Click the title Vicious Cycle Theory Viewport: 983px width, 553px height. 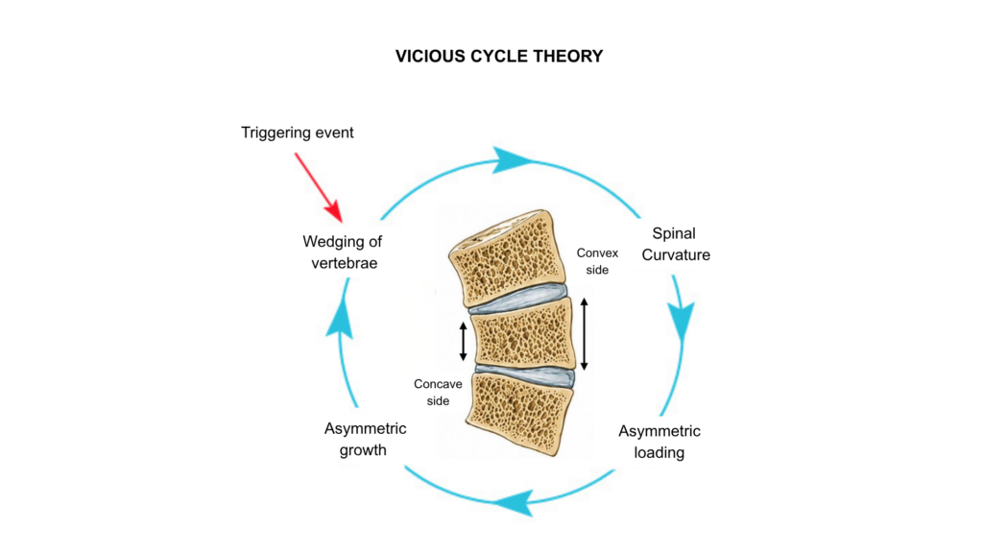(499, 57)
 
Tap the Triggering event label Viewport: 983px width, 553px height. (298, 132)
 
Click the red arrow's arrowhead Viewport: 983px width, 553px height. (335, 211)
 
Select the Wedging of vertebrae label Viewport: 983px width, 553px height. (343, 252)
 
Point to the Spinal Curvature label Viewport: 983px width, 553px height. (675, 244)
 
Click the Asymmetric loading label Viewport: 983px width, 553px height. (659, 442)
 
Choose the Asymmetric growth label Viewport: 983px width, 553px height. (365, 439)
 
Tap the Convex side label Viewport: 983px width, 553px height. (597, 261)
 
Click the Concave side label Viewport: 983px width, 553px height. (438, 392)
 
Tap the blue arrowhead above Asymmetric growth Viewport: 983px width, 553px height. (340, 318)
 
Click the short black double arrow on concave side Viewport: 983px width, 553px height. (464, 342)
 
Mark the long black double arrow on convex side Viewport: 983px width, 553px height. (585, 334)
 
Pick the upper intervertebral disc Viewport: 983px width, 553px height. (517, 299)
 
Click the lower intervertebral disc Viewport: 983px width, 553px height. (525, 375)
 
